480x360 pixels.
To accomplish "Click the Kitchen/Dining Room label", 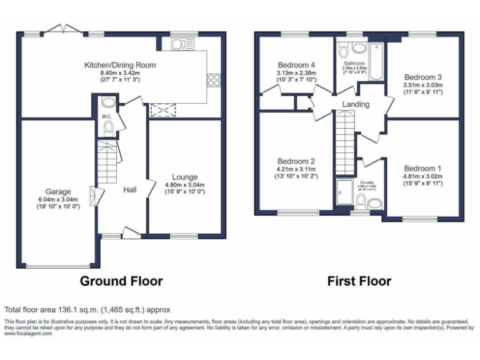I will [120, 65].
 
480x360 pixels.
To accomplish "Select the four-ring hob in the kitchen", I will [214, 79].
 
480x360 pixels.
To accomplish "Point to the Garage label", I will [57, 191].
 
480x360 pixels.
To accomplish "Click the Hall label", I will [129, 190].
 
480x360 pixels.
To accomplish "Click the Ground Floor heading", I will [121, 281].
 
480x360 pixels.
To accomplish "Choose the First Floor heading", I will [359, 281].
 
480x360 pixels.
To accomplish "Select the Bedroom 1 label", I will [422, 168].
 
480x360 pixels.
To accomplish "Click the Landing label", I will [355, 104].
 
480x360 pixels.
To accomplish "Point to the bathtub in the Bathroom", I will [377, 61].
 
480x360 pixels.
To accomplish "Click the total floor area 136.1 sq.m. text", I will [87, 309].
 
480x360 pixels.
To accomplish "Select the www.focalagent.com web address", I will [28, 334].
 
